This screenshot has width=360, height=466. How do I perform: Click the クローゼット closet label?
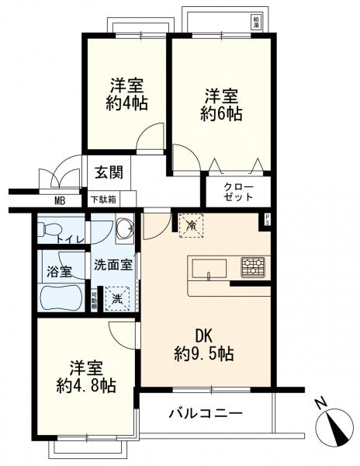pyautogui.click(x=237, y=193)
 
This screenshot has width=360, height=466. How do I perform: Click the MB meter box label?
pyautogui.click(x=59, y=200)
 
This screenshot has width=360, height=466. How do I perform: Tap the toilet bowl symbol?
pyautogui.click(x=50, y=228)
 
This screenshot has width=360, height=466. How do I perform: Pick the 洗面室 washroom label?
pyautogui.click(x=112, y=264)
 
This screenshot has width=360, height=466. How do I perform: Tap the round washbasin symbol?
pyautogui.click(x=123, y=229)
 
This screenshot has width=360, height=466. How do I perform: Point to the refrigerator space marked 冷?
pyautogui.click(x=191, y=224)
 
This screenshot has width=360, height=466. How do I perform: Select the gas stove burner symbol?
pyautogui.click(x=252, y=268)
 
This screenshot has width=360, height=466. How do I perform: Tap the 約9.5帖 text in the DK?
pyautogui.click(x=204, y=354)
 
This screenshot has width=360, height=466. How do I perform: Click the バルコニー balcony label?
pyautogui.click(x=206, y=412)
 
